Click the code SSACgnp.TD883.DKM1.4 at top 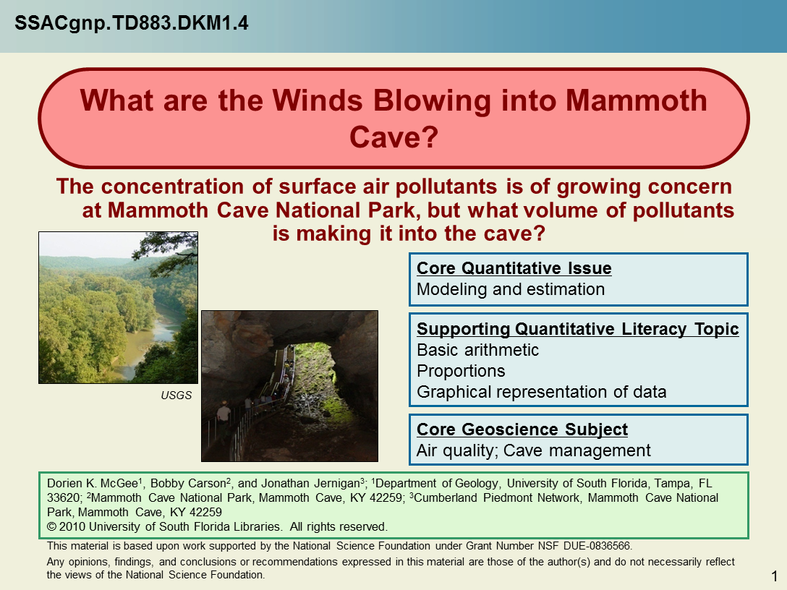(x=132, y=23)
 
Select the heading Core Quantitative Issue (x=514, y=268)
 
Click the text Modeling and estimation (x=511, y=289)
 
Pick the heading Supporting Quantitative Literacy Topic (x=578, y=329)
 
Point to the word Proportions (x=461, y=371)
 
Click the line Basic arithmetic (x=477, y=350)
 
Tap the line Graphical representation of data (x=541, y=392)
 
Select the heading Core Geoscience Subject (x=522, y=429)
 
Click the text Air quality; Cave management (x=533, y=450)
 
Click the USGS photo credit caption (x=176, y=396)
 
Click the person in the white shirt (x=224, y=414)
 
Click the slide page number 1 (x=775, y=576)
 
